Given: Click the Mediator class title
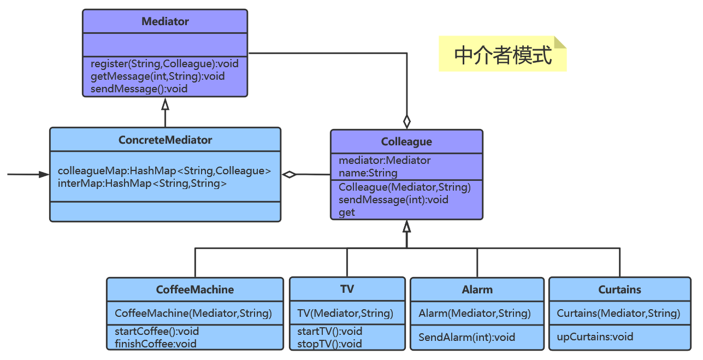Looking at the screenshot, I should click(165, 22).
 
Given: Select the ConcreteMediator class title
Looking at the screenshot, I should click(165, 140).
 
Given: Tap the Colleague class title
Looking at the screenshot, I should click(406, 142).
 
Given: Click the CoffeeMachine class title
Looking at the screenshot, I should click(195, 290).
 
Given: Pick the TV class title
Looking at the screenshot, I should click(347, 289).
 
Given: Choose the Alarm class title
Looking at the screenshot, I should click(477, 290).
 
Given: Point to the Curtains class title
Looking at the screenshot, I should click(619, 290).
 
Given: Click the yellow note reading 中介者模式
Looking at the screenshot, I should click(503, 55).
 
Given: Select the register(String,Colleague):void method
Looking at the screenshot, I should click(164, 63).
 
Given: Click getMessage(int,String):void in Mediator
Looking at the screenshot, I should click(157, 76).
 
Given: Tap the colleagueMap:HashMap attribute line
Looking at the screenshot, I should click(164, 171).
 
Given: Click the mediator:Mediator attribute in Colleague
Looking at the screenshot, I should click(385, 161).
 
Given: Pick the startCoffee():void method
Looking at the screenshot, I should click(157, 331).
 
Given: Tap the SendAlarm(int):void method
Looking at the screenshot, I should click(466, 337).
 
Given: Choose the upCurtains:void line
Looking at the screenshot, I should click(595, 337).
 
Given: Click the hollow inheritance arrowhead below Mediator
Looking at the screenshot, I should click(165, 103).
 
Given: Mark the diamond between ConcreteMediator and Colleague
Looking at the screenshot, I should click(290, 174).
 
